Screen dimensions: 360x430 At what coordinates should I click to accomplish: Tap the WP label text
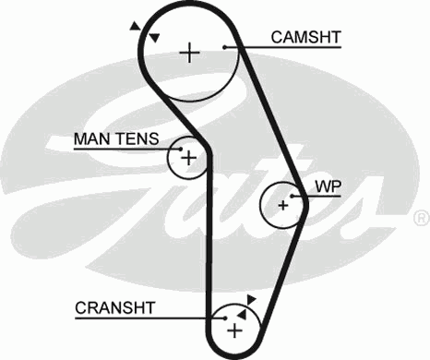328,186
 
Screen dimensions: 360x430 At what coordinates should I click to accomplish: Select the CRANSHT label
115,307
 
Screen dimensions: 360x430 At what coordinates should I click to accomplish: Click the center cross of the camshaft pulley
189,52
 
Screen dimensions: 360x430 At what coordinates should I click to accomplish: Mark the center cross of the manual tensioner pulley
189,159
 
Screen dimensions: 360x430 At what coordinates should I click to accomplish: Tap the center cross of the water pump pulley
283,204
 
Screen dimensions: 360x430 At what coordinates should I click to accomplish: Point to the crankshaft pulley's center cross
234,329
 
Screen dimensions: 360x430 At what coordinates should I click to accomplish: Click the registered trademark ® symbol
420,218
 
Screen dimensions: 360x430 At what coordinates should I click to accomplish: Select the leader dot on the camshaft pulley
225,46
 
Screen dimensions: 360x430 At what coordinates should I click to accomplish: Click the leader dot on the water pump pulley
293,196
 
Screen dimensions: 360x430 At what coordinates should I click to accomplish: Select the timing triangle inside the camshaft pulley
155,37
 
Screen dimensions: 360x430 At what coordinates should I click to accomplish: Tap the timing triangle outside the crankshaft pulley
251,299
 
